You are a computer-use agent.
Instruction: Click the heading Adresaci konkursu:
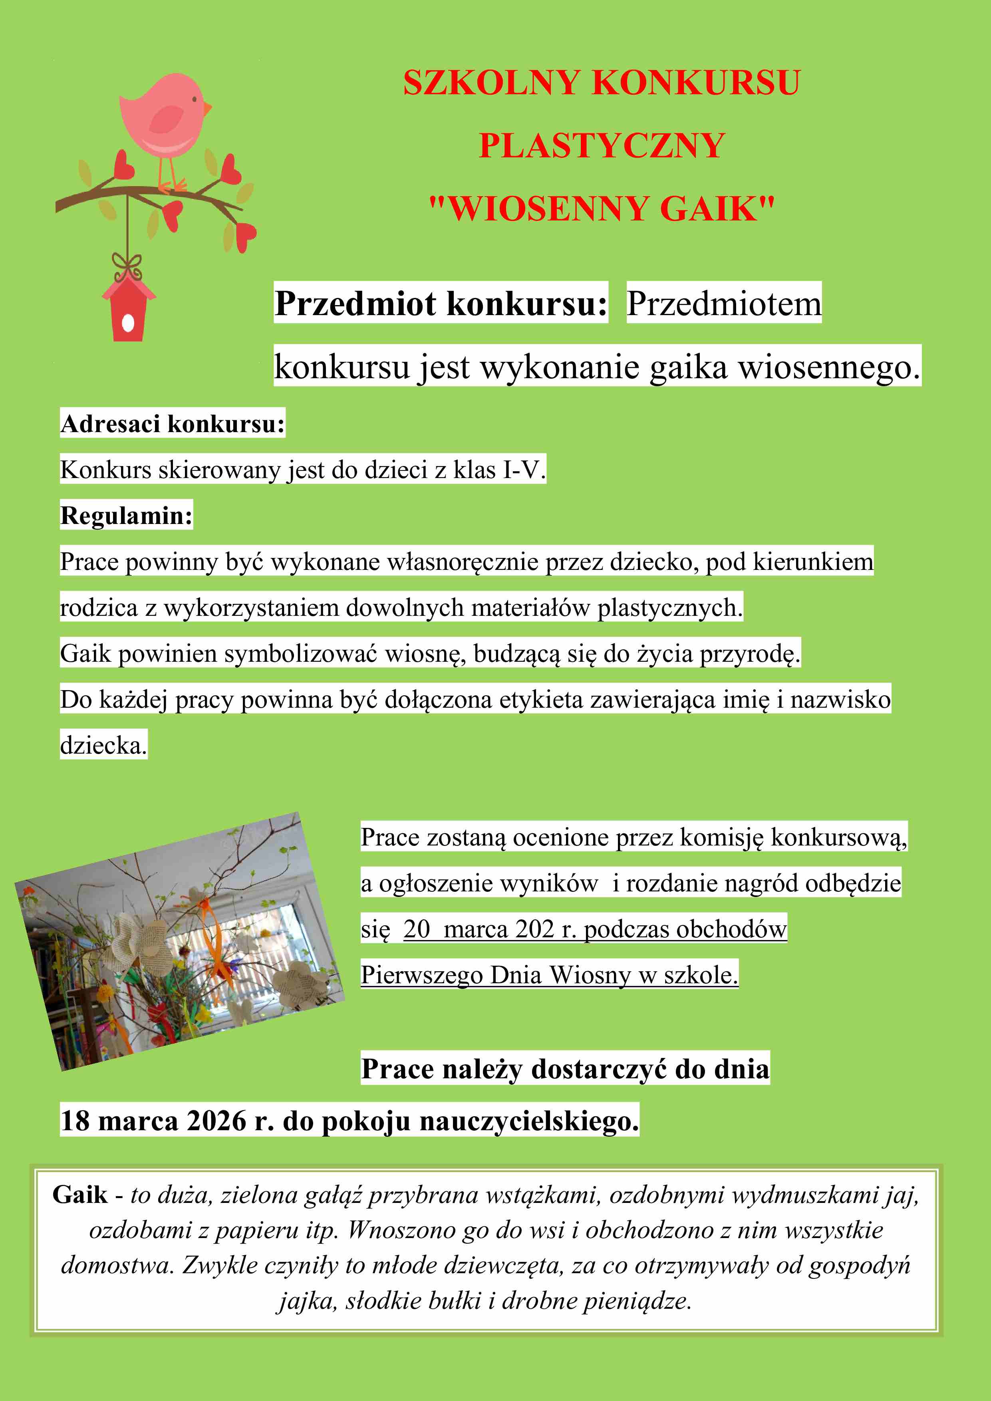(x=173, y=423)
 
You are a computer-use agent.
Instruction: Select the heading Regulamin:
(x=126, y=516)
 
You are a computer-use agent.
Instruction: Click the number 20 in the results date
(x=417, y=929)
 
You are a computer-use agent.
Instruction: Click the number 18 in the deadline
(x=75, y=1121)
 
